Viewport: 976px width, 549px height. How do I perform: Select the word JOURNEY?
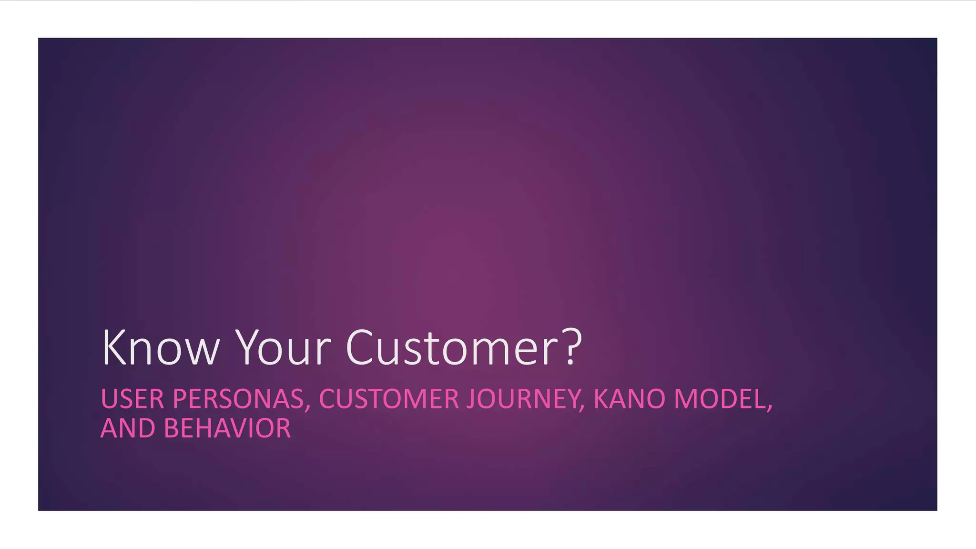[522, 399]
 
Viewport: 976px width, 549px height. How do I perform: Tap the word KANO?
[629, 399]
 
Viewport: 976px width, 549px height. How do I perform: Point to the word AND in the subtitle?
[128, 428]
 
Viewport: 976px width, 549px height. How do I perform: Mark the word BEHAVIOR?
[227, 428]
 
